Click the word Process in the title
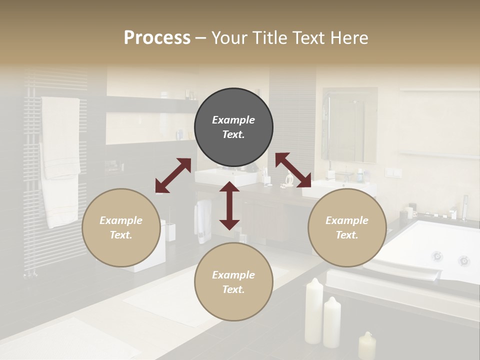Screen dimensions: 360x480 157,37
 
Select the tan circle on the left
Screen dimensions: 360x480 121,227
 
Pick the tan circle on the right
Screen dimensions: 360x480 347,227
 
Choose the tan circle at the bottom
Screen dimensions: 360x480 233,281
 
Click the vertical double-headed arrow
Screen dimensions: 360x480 229,205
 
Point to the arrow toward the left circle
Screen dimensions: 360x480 173,175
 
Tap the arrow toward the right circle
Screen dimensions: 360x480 293,170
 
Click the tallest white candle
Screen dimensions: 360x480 314,311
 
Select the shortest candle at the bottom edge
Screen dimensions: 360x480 367,346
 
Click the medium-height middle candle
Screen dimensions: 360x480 332,322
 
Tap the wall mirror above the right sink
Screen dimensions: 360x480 349,125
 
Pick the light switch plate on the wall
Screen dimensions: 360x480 393,172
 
